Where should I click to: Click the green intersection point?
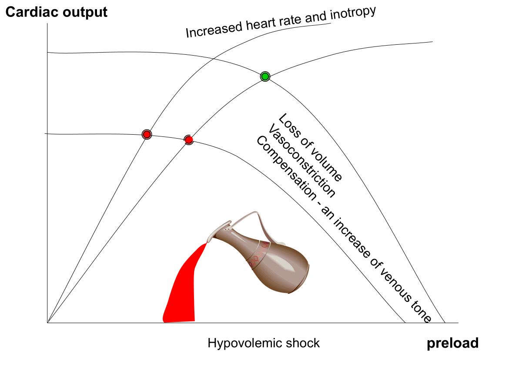265,76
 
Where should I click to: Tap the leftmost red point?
147,134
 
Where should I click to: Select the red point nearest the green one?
188,139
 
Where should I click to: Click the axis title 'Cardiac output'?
56,12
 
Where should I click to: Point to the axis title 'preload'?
452,343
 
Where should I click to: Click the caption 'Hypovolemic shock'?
264,343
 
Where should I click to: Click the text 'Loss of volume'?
310,147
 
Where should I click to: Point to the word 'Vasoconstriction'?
302,161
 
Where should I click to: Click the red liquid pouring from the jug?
183,287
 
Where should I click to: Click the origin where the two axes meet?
47,323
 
